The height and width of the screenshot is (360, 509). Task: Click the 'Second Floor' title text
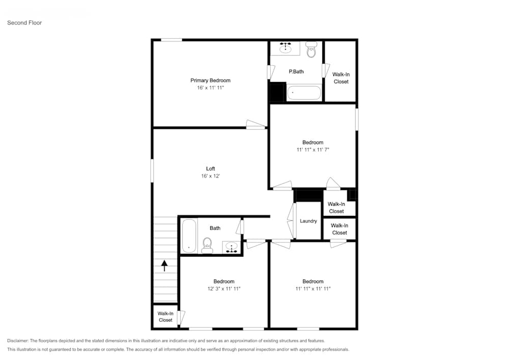tap(24, 23)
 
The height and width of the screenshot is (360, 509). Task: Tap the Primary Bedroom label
tap(210, 80)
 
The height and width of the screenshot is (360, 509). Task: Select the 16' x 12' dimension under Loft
tap(210, 176)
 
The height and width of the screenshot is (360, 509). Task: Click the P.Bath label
tap(296, 72)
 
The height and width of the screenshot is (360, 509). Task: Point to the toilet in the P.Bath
tap(311, 50)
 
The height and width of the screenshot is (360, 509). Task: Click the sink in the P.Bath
tap(285, 48)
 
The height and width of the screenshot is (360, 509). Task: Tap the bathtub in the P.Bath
tap(304, 93)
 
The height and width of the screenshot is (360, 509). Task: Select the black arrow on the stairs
tap(164, 266)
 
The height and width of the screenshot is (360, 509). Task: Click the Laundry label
tap(308, 221)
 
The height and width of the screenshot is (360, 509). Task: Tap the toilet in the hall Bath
tap(207, 245)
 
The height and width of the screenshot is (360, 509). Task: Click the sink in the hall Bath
tap(232, 248)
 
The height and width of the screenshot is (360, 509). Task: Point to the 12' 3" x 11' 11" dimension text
tap(223, 289)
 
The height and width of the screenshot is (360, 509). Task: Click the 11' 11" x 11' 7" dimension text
tap(313, 150)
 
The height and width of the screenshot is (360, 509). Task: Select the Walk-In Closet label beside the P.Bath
tap(341, 78)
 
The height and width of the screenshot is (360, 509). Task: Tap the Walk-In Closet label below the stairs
tap(165, 317)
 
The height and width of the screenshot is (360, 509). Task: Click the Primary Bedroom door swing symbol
tap(255, 124)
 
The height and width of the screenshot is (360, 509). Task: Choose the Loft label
tap(210, 169)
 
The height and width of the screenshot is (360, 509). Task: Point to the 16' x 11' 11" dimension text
tap(210, 88)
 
